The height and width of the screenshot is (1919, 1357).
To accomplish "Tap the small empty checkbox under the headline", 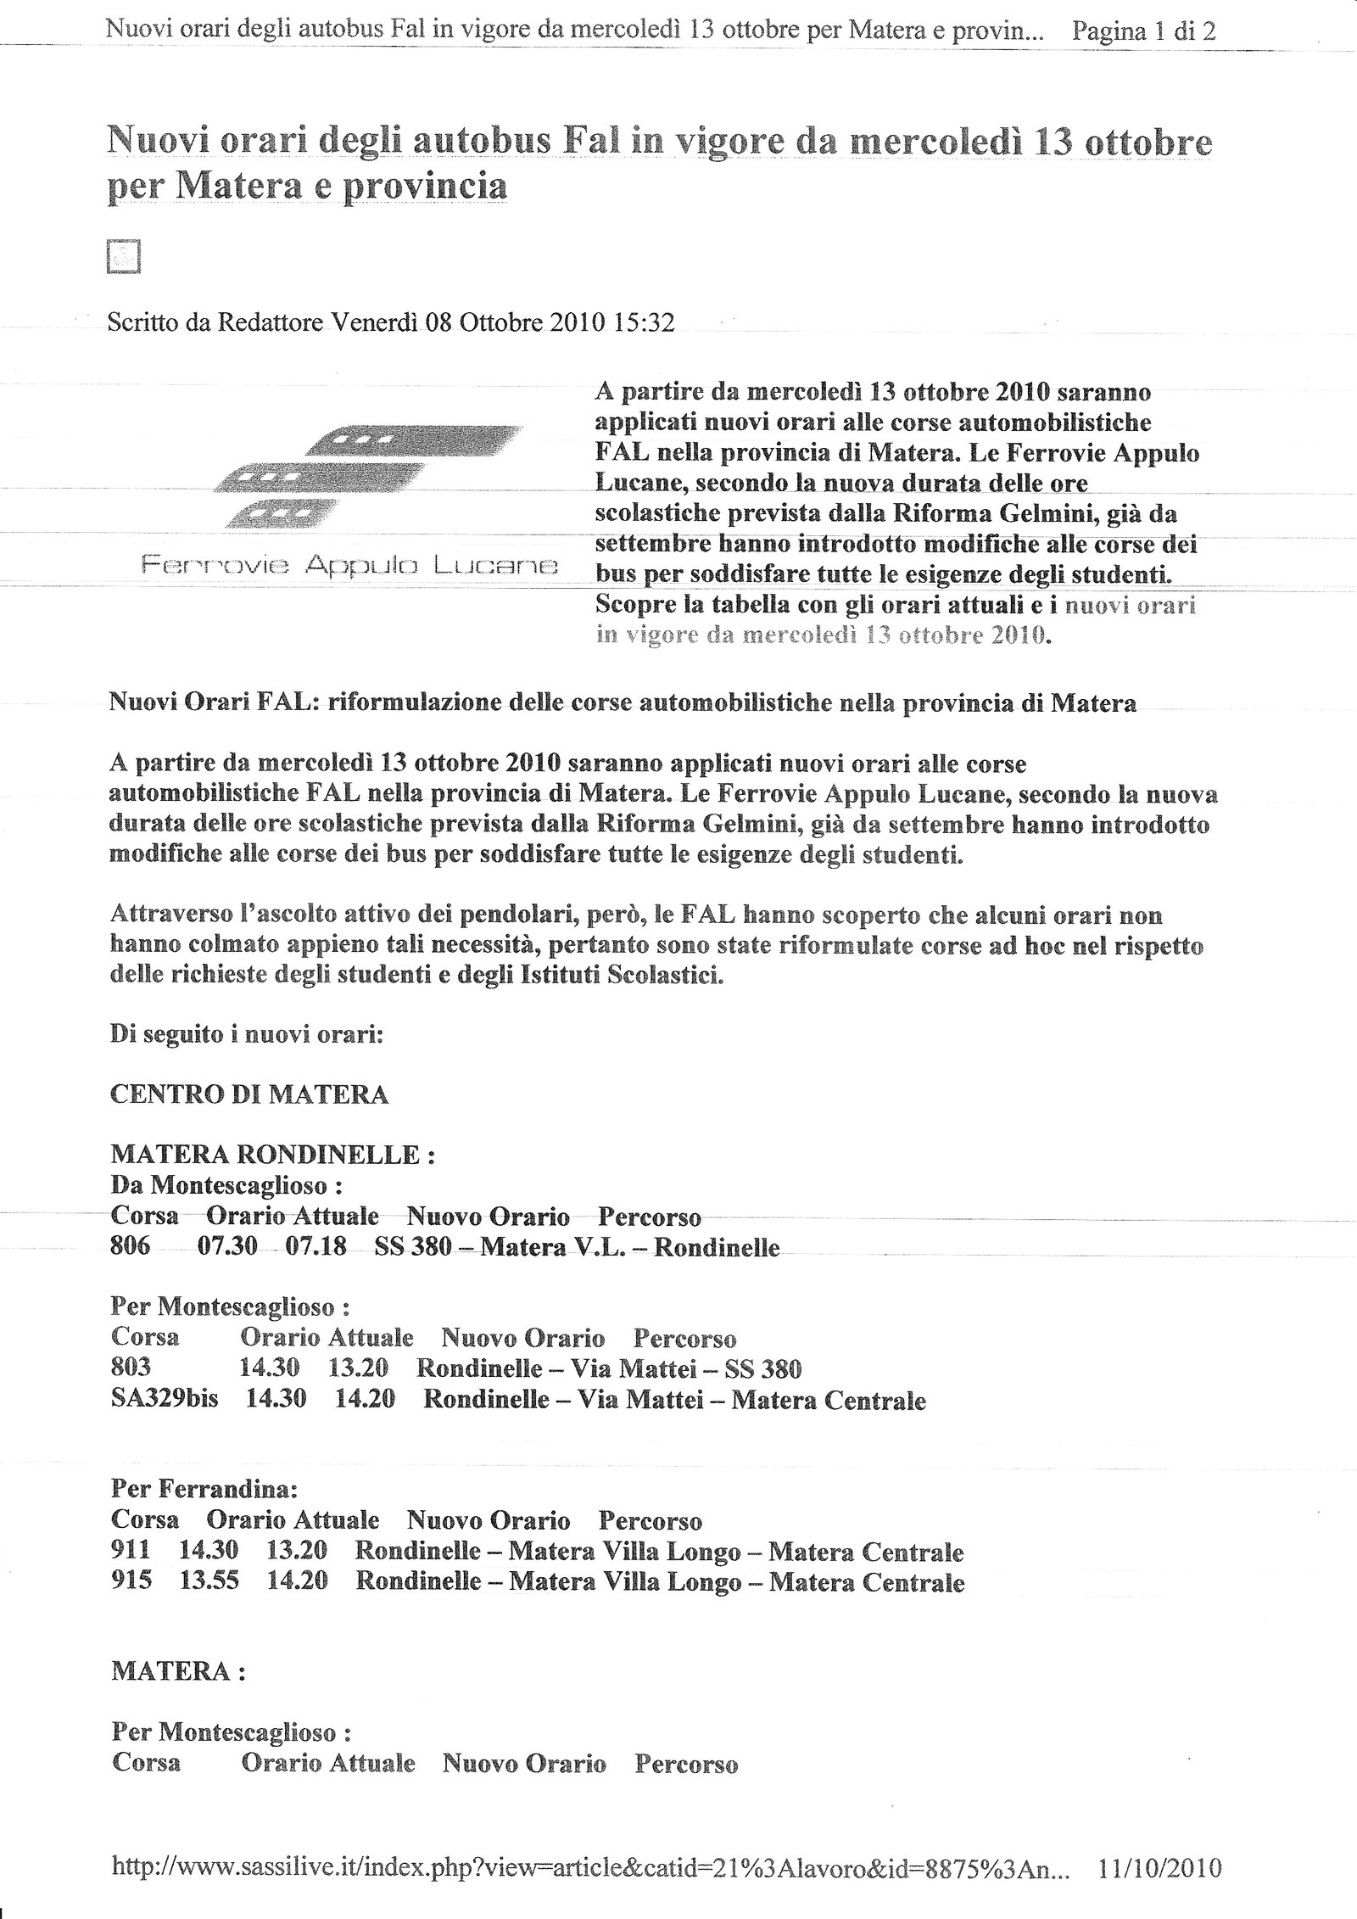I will tap(123, 257).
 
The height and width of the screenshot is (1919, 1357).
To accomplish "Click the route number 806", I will tap(131, 1246).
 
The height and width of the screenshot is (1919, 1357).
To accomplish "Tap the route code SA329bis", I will tap(165, 1398).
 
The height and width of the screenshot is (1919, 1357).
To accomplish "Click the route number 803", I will tap(131, 1368).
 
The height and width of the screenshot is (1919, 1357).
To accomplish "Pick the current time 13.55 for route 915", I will tap(209, 1581).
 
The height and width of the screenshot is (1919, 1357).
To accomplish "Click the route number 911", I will tap(131, 1551).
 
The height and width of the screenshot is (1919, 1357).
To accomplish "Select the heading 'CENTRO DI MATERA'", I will tap(249, 1094).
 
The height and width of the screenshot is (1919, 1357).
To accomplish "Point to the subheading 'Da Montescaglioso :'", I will tap(226, 1185).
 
